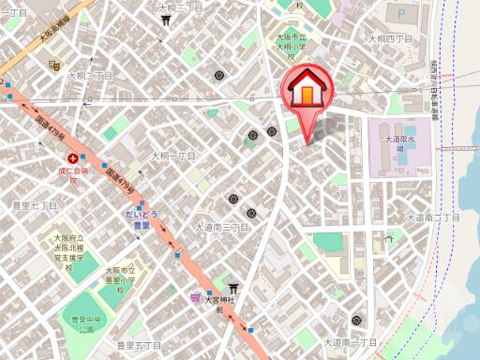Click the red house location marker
(307, 93)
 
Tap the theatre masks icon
(54, 67)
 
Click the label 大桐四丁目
(391, 38)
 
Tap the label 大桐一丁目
(173, 155)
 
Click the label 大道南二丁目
(433, 217)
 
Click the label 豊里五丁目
(139, 345)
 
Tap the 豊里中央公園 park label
(88, 324)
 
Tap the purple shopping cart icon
(195, 297)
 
